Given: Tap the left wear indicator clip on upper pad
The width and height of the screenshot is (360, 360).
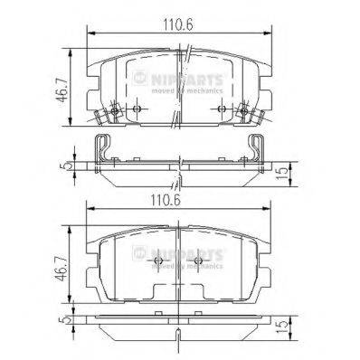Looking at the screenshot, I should (x=105, y=115).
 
